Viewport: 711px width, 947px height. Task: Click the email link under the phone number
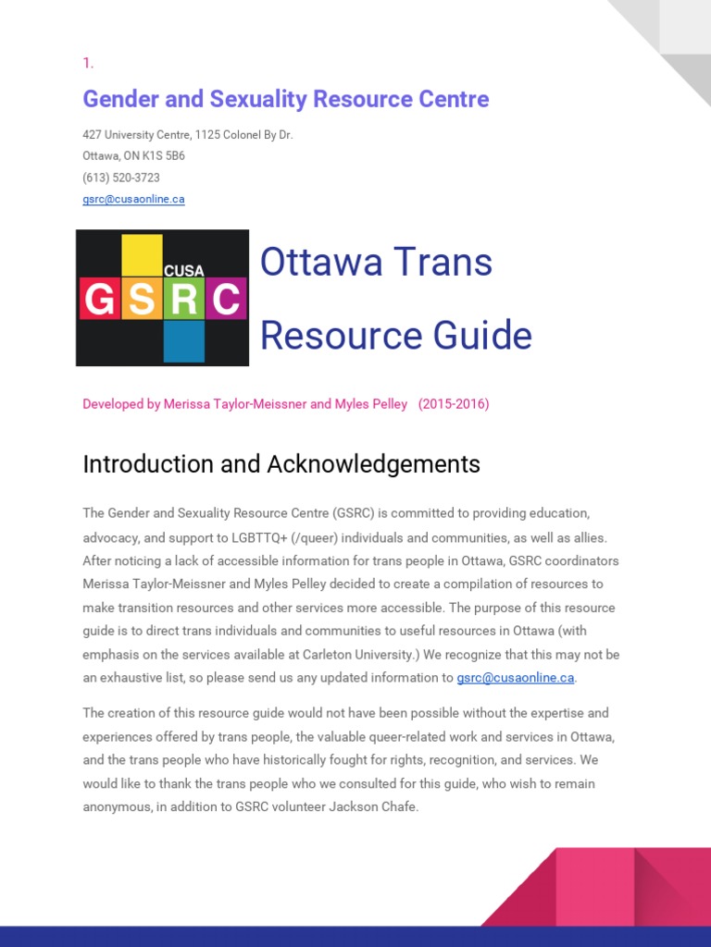coord(133,199)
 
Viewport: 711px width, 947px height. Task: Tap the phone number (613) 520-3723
coord(121,178)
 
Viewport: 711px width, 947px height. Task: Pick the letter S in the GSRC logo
coord(143,299)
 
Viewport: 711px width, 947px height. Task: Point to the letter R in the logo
coord(184,299)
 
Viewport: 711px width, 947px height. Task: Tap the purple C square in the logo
coord(226,299)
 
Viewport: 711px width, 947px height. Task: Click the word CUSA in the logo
coord(183,271)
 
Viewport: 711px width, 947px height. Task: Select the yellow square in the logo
coord(142,253)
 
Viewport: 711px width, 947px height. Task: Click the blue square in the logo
coord(184,340)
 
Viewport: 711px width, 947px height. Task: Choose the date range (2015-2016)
coord(454,404)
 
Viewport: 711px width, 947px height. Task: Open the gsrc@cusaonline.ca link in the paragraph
coord(516,678)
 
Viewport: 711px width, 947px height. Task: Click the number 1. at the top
coord(88,63)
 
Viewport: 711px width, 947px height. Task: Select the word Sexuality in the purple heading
coord(244,99)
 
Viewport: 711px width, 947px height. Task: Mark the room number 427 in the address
coord(92,135)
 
